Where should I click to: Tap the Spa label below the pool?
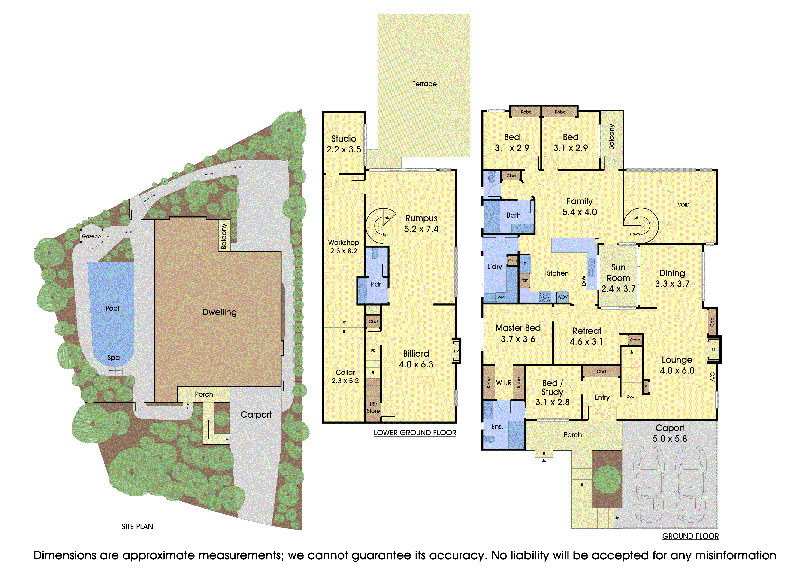114,358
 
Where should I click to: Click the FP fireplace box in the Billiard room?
456,351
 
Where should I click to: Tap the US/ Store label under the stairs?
373,408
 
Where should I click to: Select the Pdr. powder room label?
377,284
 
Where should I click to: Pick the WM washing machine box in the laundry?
501,297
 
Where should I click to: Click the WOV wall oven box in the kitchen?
562,297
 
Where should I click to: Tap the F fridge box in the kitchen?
525,264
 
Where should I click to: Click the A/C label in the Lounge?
712,377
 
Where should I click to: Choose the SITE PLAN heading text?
137,527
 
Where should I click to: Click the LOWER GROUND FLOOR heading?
415,433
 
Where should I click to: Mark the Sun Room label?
618,273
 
